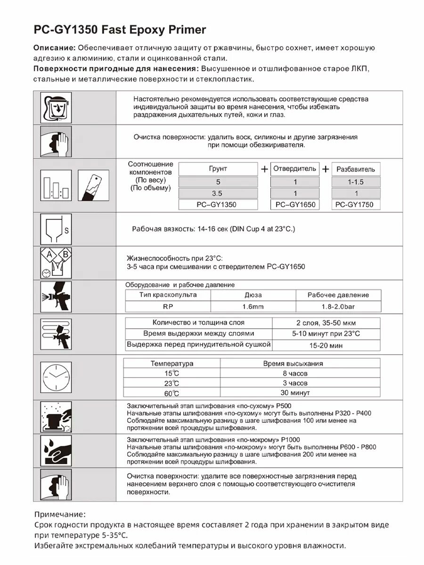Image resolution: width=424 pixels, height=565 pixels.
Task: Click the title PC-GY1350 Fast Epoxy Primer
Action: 120,30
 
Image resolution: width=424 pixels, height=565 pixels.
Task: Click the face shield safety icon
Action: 56,107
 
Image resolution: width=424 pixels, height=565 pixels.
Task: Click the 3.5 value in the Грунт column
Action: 218,193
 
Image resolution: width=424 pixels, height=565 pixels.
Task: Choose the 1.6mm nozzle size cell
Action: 253,307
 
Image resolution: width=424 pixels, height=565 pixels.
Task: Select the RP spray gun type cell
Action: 168,307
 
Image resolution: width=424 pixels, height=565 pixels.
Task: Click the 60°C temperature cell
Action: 172,393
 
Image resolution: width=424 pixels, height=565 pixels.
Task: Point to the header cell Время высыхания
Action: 292,363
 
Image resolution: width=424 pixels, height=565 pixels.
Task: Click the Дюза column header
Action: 253,295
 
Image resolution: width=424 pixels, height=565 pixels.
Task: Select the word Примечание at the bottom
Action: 60,514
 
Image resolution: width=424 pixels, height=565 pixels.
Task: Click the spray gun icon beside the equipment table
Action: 56,297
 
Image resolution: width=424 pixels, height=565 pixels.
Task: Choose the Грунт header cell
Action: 218,169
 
